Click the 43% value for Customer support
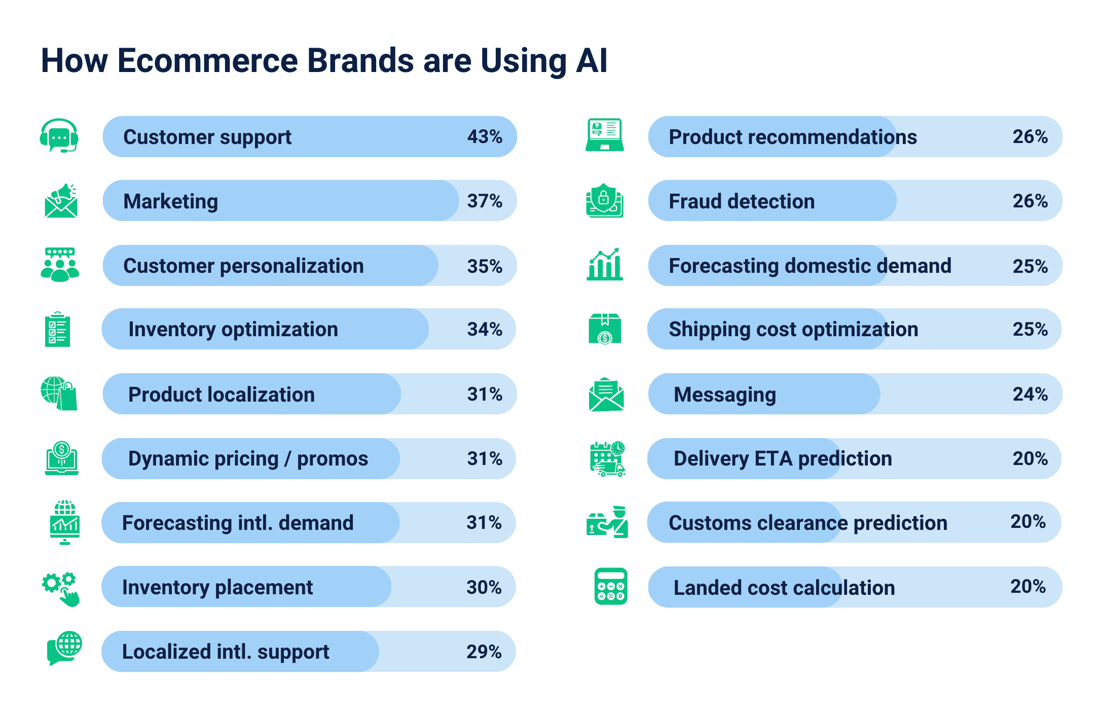click(x=485, y=136)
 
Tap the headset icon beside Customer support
click(x=59, y=135)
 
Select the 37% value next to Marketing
click(x=485, y=201)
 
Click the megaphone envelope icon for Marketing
click(x=61, y=201)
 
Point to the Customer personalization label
click(x=243, y=266)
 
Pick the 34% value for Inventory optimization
click(x=485, y=329)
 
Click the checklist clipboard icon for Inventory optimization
click(x=57, y=329)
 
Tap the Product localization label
click(x=222, y=394)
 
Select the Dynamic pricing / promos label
click(x=248, y=458)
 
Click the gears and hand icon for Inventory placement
click(x=61, y=589)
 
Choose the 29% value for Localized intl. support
click(x=484, y=652)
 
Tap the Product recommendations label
click(x=793, y=137)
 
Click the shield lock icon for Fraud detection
click(x=604, y=201)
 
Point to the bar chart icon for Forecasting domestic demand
click(x=604, y=264)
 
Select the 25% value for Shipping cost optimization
click(x=1030, y=329)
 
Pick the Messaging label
click(x=725, y=395)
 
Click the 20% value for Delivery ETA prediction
click(x=1030, y=458)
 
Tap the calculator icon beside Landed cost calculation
click(x=611, y=587)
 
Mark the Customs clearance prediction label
click(x=808, y=523)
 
